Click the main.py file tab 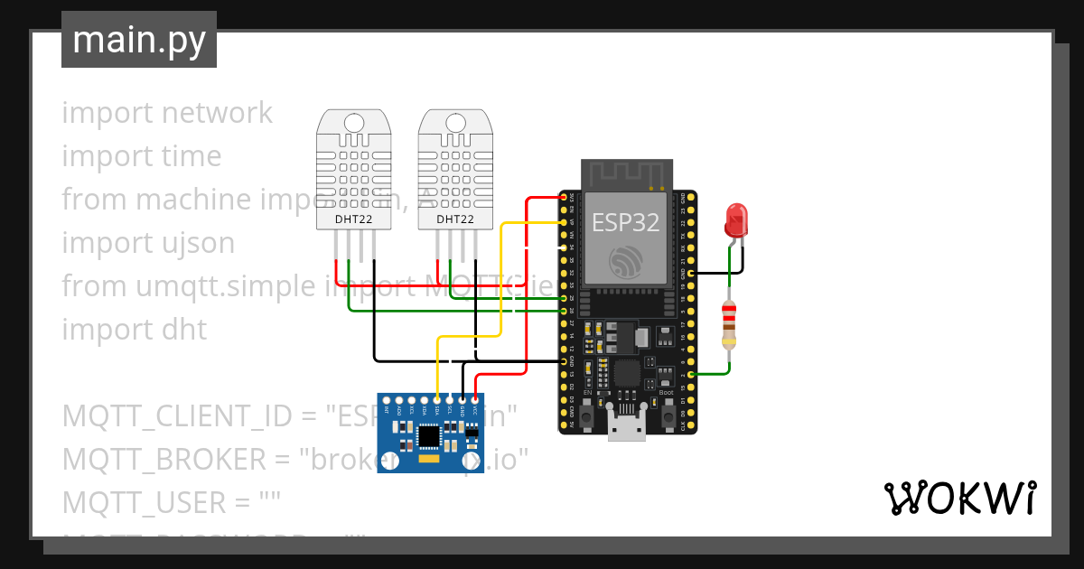click(x=138, y=40)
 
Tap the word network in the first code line click(x=217, y=113)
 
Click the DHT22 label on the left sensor click(x=354, y=219)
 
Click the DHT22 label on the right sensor click(x=455, y=219)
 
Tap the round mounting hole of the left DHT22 click(x=354, y=122)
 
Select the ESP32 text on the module click(x=625, y=221)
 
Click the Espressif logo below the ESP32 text click(x=625, y=263)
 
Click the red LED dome click(x=736, y=218)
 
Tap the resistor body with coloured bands click(x=729, y=325)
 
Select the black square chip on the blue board click(x=430, y=436)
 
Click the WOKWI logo click(x=959, y=498)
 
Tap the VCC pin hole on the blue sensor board click(x=474, y=399)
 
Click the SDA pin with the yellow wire click(x=437, y=399)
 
